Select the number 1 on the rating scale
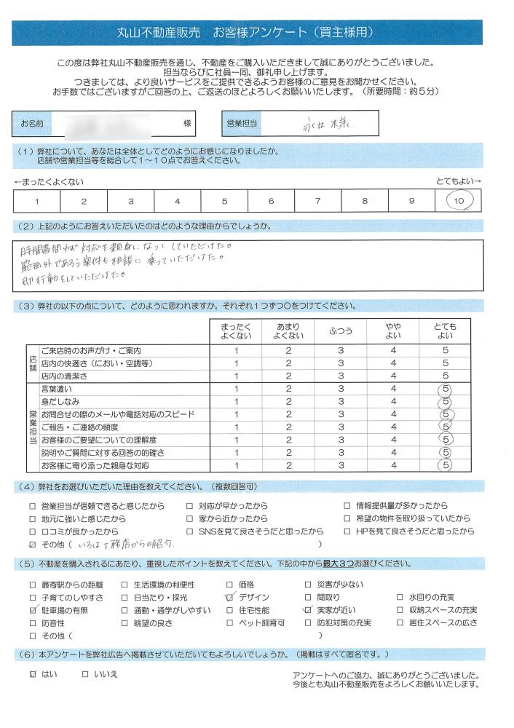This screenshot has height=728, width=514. [x=36, y=201]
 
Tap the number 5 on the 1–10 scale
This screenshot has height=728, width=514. [x=224, y=201]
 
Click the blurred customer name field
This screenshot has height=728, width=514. [x=116, y=124]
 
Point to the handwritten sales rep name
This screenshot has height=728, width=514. [x=328, y=124]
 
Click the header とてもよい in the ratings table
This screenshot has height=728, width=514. [x=446, y=331]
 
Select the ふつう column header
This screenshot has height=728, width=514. [x=341, y=331]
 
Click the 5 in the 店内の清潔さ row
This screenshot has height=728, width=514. [x=446, y=376]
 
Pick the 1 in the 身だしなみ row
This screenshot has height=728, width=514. [x=236, y=402]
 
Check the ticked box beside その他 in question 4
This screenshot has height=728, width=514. [x=31, y=545]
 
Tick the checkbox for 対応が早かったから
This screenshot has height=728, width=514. [x=190, y=506]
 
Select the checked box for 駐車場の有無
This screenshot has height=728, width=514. [x=32, y=610]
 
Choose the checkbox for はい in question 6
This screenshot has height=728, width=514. [x=31, y=674]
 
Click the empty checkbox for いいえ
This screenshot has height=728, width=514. [x=86, y=674]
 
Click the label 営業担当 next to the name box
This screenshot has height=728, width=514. [x=242, y=124]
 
